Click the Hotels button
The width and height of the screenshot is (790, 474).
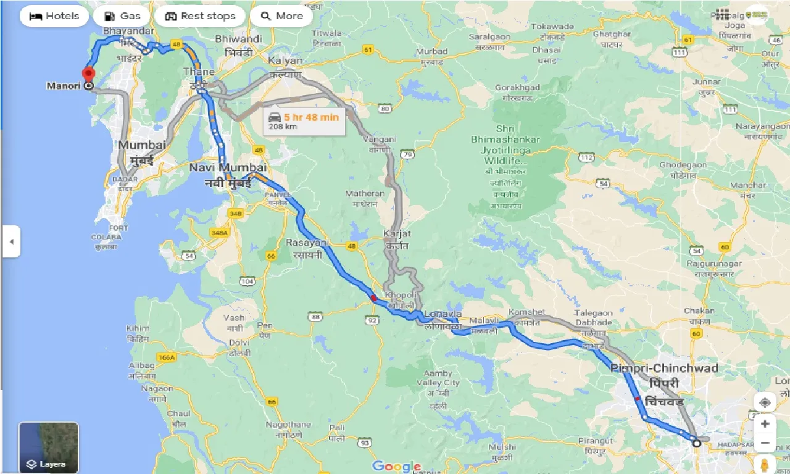[x=54, y=16]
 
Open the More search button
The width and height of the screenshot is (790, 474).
[x=281, y=16]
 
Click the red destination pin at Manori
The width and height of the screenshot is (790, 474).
[x=88, y=75]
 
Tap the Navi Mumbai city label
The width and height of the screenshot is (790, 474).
[x=228, y=168]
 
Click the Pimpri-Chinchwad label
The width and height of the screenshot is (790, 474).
[x=664, y=368]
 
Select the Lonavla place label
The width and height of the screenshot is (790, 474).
[x=443, y=314]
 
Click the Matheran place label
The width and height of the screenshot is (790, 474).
[x=365, y=194]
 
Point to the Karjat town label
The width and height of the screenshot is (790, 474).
[x=396, y=235]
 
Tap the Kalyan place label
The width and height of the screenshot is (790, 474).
[x=285, y=60]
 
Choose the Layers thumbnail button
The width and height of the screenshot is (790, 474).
[x=48, y=447]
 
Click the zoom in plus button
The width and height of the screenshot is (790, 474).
[x=765, y=424]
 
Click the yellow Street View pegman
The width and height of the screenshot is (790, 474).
[x=765, y=464]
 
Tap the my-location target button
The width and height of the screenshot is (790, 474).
[x=765, y=402]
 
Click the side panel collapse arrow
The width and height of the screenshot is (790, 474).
[x=10, y=241]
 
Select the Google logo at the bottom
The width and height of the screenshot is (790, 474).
[x=396, y=467]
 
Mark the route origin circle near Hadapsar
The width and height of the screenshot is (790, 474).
[x=696, y=443]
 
